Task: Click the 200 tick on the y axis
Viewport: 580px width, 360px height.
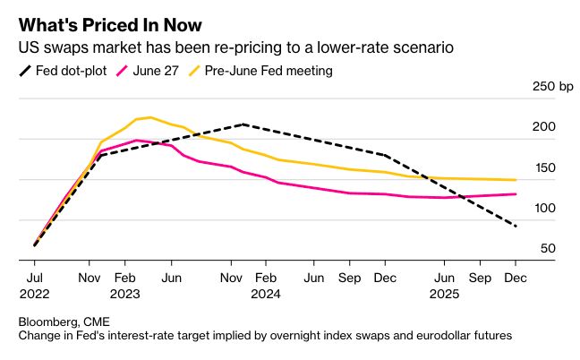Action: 543,127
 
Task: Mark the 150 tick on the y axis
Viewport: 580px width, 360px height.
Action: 543,167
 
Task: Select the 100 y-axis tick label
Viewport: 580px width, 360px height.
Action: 543,208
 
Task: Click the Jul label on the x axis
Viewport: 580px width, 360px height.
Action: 34,278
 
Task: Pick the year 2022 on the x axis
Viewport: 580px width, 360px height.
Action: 34,293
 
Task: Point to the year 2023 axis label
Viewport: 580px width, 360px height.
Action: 126,293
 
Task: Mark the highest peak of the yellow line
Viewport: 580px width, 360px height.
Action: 149,117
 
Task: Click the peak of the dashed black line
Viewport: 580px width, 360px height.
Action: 243,124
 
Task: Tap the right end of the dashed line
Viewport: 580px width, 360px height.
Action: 516,226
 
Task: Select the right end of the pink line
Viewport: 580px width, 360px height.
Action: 516,193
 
